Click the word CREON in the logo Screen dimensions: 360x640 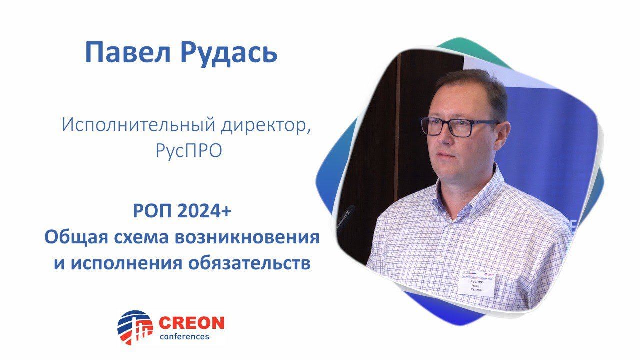pyautogui.click(x=191, y=323)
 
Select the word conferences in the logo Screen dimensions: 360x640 pyautogui.click(x=184, y=336)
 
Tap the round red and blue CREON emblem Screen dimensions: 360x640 pyautogui.click(x=135, y=328)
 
